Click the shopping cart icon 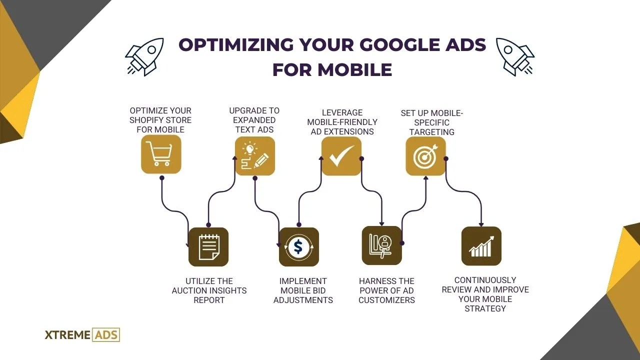pos(160,154)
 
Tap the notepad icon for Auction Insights pos(208,247)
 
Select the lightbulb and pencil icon pos(255,156)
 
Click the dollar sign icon pos(298,247)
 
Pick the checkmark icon pos(341,156)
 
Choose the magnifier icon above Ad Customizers pos(381,245)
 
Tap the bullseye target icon pos(425,156)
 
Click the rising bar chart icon pos(481,246)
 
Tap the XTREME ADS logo pos(82,334)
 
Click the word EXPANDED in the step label pos(254,120)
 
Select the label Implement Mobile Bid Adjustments pos(303,290)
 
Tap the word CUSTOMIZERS pos(386,300)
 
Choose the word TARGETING pos(432,132)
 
